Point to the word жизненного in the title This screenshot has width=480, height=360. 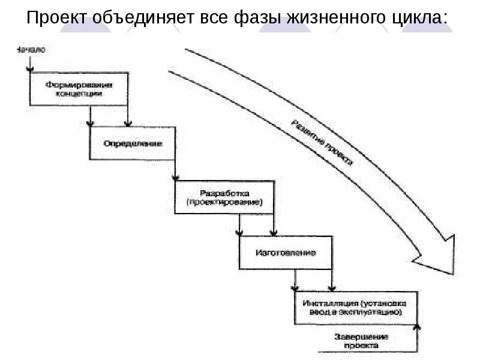point(332,18)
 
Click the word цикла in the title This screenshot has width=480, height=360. point(416,18)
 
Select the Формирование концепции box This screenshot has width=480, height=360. point(79,89)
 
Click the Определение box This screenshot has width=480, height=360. point(133,143)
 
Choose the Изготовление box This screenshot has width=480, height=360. point(285,251)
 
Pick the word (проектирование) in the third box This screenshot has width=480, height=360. point(224,203)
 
